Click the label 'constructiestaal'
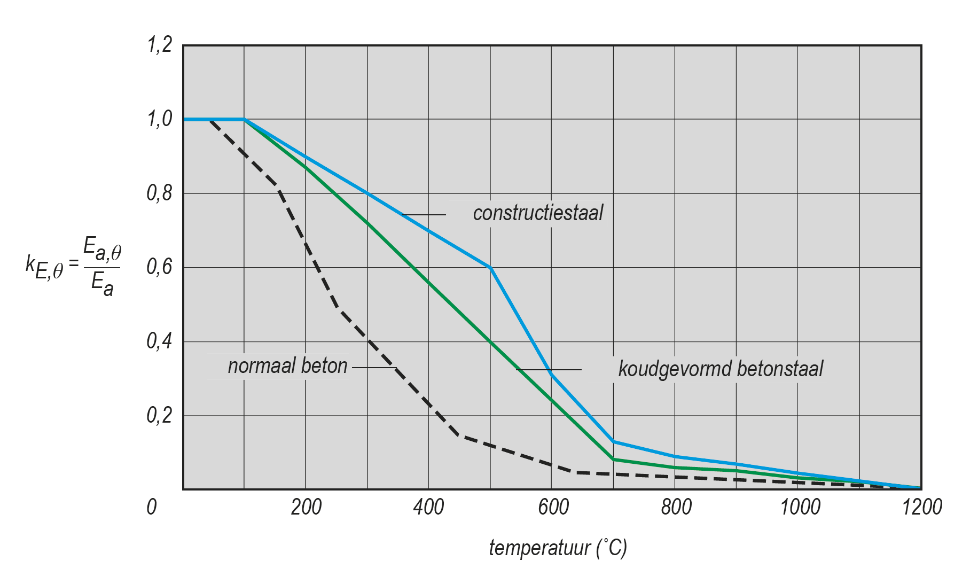[538, 213]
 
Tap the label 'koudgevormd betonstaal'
[721, 369]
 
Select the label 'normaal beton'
[287, 366]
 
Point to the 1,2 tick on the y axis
[160, 45]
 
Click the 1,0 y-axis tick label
[160, 119]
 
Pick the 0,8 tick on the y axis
[160, 193]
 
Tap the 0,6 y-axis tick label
[160, 267]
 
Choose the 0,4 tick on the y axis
[160, 341]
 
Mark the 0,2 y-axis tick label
[160, 415]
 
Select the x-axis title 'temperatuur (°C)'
[558, 548]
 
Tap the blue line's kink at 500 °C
[491, 268]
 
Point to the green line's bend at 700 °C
[614, 460]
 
